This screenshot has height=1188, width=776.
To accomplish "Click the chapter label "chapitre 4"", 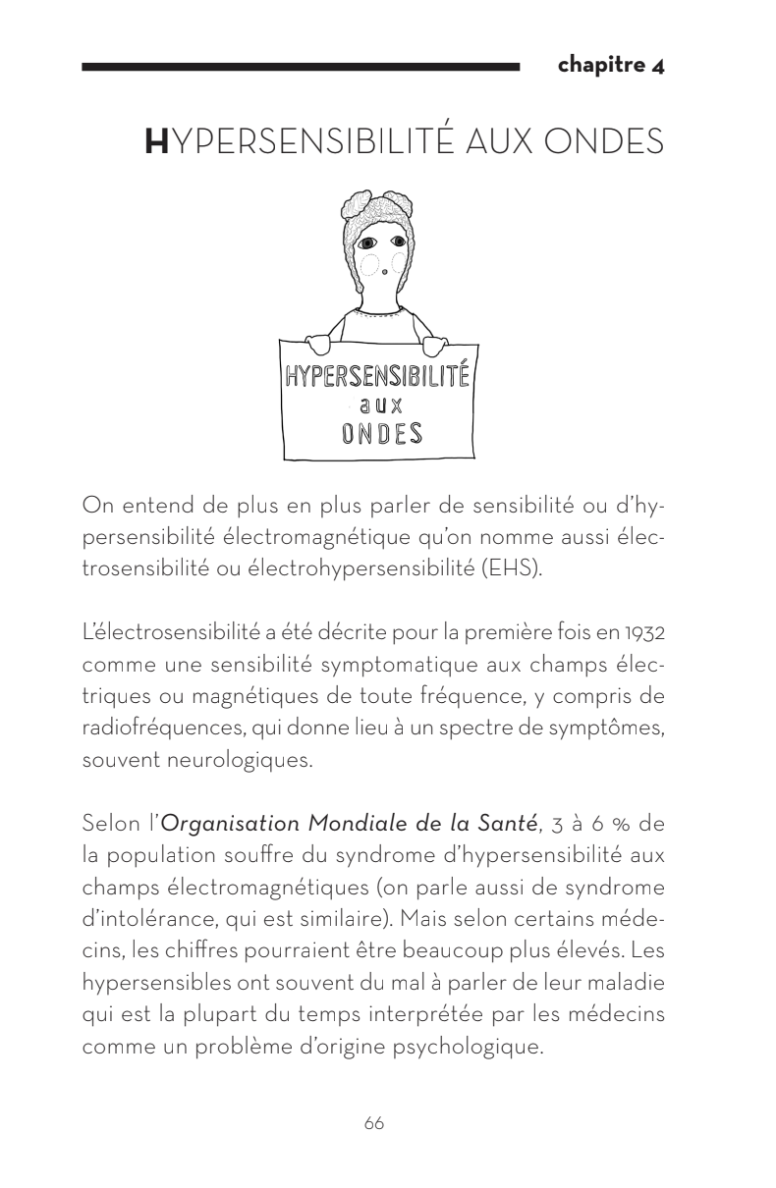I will tap(611, 66).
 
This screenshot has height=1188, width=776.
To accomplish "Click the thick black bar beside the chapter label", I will tap(301, 67).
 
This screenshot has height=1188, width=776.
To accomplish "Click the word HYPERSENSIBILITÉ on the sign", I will tap(378, 376).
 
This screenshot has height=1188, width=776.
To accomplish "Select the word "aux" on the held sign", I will tap(378, 405).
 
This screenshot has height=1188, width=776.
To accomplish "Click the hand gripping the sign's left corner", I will tap(316, 344).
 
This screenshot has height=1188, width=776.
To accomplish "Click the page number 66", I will tap(373, 1124).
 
